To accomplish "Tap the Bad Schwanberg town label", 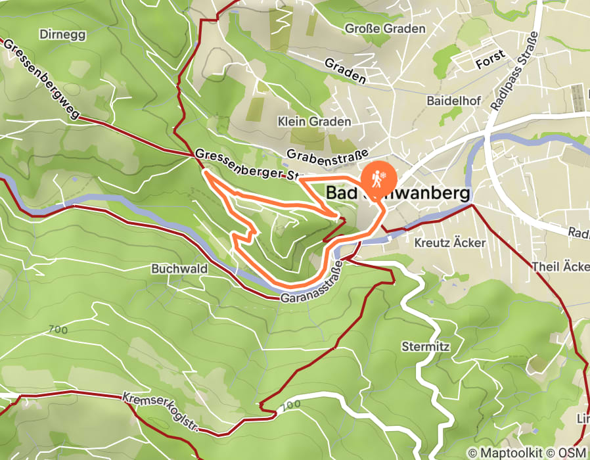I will (398, 193).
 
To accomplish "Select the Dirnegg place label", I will (62, 34).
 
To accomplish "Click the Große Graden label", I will (386, 29).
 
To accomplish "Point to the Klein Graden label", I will (314, 122).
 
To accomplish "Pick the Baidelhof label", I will (454, 101).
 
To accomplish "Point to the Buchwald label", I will (179, 269).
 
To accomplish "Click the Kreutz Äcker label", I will (450, 243).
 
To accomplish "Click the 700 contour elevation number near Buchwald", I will (58, 329).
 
